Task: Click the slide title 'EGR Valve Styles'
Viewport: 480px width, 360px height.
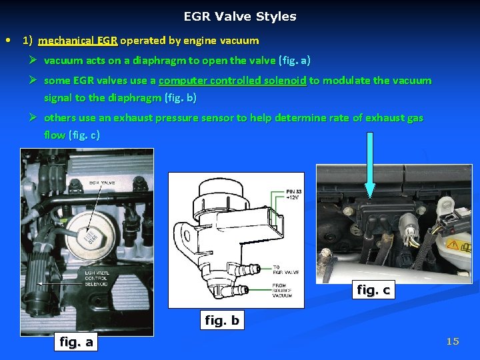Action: (x=240, y=17)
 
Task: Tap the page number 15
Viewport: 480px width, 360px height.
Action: (x=453, y=341)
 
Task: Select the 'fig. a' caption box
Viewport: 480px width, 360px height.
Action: (x=77, y=342)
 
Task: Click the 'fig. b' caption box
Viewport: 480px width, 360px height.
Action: (x=221, y=321)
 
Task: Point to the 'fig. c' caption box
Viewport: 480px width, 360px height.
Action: (x=373, y=289)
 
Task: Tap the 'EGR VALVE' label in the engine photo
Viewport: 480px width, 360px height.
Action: (x=101, y=182)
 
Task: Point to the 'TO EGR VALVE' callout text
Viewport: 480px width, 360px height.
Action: (x=285, y=269)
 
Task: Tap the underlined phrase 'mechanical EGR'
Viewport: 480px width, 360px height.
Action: (x=78, y=41)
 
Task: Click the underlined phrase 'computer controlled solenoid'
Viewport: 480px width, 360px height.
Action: (x=233, y=81)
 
